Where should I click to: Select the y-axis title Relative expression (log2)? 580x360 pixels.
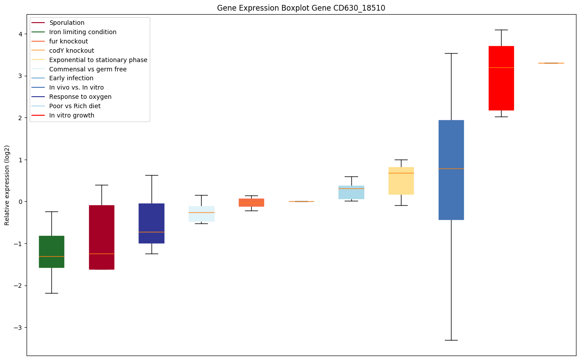coord(7,185)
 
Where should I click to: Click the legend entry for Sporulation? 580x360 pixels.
coord(67,23)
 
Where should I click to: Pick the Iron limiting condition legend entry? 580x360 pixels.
coord(83,32)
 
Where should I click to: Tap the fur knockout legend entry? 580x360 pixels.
coord(69,41)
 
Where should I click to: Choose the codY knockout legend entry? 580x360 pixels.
coord(72,51)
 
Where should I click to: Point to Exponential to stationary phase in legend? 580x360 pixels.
coord(98,60)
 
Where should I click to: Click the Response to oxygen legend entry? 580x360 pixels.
coord(80,97)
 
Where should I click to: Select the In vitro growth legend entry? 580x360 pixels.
coord(72,115)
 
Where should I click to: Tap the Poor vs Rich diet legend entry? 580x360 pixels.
coord(75,106)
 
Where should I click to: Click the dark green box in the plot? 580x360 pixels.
coord(51,251)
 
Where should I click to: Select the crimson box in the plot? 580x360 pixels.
coord(101,237)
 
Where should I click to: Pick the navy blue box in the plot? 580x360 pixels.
coord(152,223)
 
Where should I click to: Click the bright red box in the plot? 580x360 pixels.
coord(501,78)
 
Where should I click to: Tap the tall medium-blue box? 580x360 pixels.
coord(451,170)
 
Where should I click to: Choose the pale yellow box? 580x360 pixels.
coord(401,181)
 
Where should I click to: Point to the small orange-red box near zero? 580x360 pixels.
coord(251,203)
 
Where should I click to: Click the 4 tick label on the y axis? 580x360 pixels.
coord(20,34)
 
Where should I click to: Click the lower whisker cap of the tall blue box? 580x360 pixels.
coord(451,340)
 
